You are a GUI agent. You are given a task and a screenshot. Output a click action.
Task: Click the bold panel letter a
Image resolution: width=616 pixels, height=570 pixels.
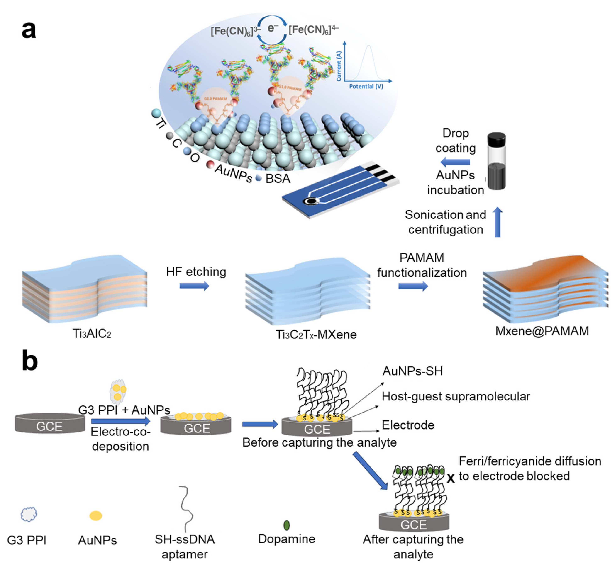click(29, 31)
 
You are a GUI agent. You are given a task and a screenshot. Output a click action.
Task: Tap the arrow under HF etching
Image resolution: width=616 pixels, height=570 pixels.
click(194, 286)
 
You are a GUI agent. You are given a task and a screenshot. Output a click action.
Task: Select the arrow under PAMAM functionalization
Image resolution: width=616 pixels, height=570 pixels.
click(413, 286)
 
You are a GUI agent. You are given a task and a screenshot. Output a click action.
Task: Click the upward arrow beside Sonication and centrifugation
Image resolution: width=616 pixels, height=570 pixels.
click(497, 222)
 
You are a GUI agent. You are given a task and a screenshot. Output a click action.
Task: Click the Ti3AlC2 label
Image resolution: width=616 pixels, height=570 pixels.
click(92, 333)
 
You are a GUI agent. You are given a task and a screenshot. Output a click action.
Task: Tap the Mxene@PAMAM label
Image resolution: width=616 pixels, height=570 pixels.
click(542, 331)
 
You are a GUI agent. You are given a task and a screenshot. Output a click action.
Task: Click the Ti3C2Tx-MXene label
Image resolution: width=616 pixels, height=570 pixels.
click(316, 334)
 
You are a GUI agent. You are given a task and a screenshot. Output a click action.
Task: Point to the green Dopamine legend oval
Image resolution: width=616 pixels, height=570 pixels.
click(287, 525)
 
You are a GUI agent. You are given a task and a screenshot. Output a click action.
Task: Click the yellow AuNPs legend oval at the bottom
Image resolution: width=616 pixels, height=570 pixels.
click(96, 515)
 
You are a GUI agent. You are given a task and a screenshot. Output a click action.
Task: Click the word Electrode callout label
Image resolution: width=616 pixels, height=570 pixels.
click(408, 425)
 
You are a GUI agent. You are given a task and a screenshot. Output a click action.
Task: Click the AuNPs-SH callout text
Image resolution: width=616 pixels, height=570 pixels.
click(412, 371)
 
